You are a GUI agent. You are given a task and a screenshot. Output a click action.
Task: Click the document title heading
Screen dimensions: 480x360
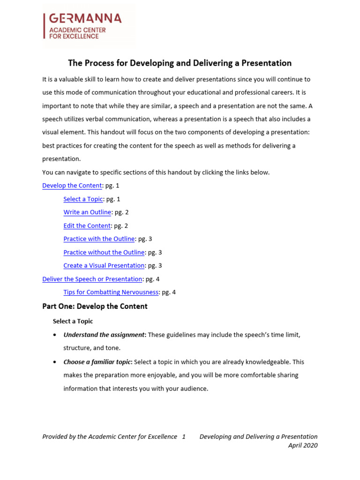point(180,63)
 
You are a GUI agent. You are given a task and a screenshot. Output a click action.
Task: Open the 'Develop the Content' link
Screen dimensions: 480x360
point(72,186)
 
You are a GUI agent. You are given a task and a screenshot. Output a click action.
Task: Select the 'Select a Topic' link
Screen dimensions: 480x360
point(83,199)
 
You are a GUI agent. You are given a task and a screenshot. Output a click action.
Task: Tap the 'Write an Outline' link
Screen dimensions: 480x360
point(87,212)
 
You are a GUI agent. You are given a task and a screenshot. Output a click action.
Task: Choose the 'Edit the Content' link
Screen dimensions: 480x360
point(87,226)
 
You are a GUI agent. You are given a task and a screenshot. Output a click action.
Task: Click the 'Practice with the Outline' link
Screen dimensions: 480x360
point(99,239)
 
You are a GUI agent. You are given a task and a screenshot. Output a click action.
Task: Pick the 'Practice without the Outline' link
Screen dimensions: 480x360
point(104,252)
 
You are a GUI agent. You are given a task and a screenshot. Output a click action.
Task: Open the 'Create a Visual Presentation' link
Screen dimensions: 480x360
point(104,266)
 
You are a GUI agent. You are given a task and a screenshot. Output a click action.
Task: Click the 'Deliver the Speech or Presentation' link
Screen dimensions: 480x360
point(92,279)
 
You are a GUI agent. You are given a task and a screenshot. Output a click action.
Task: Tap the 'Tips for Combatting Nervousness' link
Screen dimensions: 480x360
point(111,292)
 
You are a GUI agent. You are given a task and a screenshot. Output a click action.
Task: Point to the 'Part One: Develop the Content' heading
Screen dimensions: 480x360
point(95,307)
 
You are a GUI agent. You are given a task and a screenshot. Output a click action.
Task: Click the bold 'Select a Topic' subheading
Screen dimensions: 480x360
point(73,322)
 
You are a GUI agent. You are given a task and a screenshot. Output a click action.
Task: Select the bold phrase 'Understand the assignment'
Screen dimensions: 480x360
point(104,335)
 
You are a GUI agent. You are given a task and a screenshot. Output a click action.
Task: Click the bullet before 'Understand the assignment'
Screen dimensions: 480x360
point(55,335)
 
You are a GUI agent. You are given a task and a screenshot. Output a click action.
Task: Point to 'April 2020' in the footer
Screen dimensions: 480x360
point(303,446)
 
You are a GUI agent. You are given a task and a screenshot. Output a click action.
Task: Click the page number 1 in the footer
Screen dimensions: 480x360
point(184,437)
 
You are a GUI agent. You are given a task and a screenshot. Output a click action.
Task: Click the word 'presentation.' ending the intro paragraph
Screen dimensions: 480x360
point(61,159)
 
